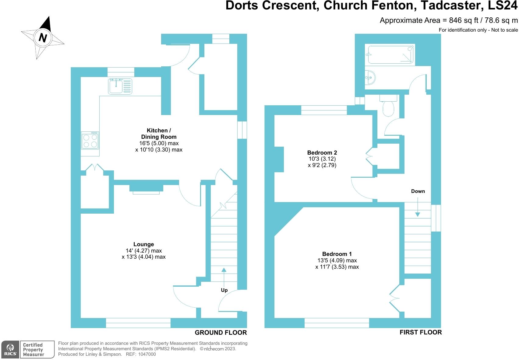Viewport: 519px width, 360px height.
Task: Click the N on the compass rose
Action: pyautogui.click(x=43, y=38)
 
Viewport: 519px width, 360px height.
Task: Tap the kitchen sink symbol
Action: pyautogui.click(x=120, y=86)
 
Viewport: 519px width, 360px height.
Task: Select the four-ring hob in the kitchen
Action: pyautogui.click(x=90, y=140)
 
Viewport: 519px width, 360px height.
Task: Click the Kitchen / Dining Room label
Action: pyautogui.click(x=159, y=134)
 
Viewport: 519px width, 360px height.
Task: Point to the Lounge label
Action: pyautogui.click(x=143, y=244)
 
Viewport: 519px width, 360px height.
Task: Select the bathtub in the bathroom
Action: pyautogui.click(x=390, y=55)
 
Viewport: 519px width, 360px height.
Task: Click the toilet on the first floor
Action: pyautogui.click(x=388, y=107)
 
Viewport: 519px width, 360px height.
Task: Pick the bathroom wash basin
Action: pyautogui.click(x=370, y=78)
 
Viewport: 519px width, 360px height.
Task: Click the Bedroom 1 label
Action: pyautogui.click(x=337, y=254)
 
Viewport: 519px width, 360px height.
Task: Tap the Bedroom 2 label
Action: pyautogui.click(x=322, y=152)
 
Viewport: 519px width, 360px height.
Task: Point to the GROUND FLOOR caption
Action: pyautogui.click(x=221, y=333)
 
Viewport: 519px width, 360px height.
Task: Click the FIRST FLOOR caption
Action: pyautogui.click(x=420, y=332)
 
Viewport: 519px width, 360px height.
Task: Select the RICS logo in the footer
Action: pyautogui.click(x=10, y=350)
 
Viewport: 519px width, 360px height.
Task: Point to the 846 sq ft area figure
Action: pyautogui.click(x=461, y=20)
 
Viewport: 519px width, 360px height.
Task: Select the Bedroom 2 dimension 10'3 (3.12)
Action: pyautogui.click(x=322, y=159)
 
